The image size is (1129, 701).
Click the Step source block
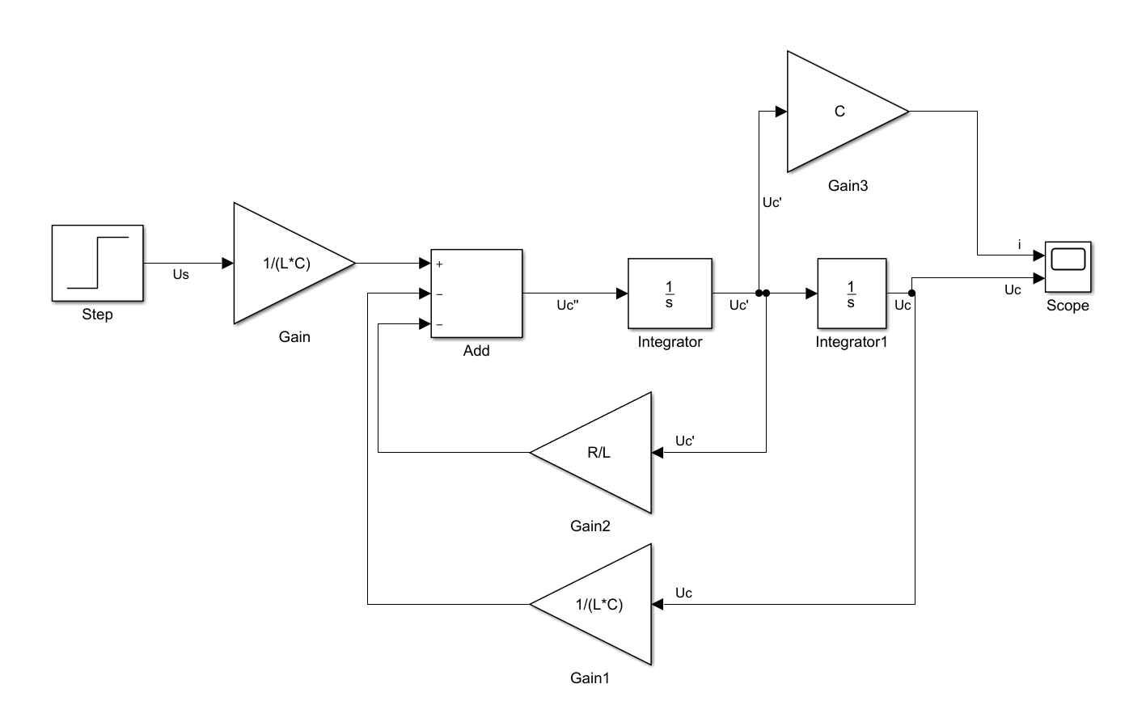click(98, 264)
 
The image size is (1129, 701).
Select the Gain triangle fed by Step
click(283, 263)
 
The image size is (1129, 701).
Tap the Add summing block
click(476, 293)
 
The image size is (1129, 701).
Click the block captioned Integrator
click(670, 293)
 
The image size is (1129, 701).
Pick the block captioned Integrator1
click(851, 293)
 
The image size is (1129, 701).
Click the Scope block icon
click(1068, 266)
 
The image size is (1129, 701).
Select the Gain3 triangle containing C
click(837, 112)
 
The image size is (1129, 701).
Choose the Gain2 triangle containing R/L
click(603, 453)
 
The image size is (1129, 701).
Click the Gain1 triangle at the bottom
click(603, 604)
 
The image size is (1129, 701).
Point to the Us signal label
click(181, 275)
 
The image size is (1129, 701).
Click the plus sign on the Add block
click(439, 264)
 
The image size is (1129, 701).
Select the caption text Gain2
click(590, 527)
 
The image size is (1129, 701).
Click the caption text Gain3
click(848, 186)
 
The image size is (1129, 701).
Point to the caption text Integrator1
click(851, 342)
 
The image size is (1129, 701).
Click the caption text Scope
click(1068, 306)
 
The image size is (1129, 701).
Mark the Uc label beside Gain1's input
click(683, 593)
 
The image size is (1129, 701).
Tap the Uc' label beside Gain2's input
click(685, 441)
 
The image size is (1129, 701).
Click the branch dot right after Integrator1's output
click(911, 293)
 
